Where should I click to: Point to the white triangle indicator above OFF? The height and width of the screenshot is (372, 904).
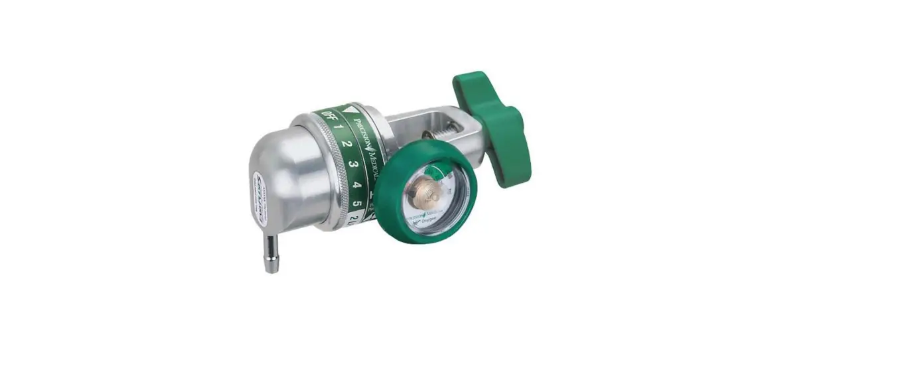(346, 109)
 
